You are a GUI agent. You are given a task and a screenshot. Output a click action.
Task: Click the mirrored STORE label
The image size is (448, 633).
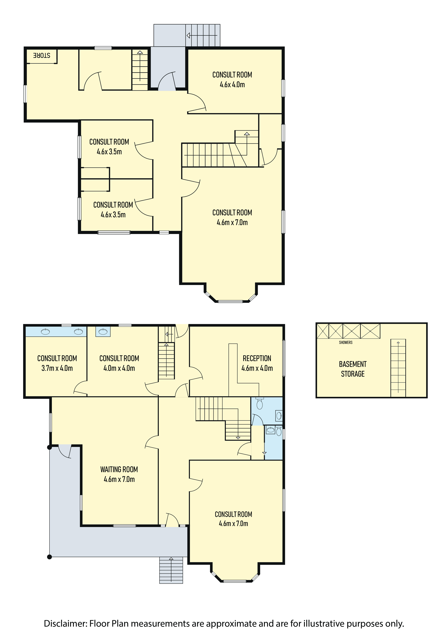click(42, 55)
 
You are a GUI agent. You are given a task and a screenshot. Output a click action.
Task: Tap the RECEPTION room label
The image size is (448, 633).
click(257, 358)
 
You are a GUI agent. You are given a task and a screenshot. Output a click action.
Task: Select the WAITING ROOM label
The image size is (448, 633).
click(119, 469)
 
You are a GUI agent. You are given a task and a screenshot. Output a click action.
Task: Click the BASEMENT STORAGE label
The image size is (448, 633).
click(353, 369)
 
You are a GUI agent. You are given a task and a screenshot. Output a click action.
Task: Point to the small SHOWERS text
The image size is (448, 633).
click(346, 342)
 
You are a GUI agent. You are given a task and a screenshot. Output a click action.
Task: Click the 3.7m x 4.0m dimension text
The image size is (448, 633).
click(57, 368)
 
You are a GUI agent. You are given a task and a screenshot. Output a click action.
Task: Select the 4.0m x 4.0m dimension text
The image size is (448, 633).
click(119, 368)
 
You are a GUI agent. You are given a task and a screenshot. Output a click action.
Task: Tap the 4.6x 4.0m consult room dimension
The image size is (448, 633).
click(232, 85)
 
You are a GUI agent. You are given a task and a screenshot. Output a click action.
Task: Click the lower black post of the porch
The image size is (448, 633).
click(50, 557)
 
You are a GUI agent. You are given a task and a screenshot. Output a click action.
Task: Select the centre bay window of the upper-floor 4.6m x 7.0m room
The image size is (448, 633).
click(230, 301)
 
